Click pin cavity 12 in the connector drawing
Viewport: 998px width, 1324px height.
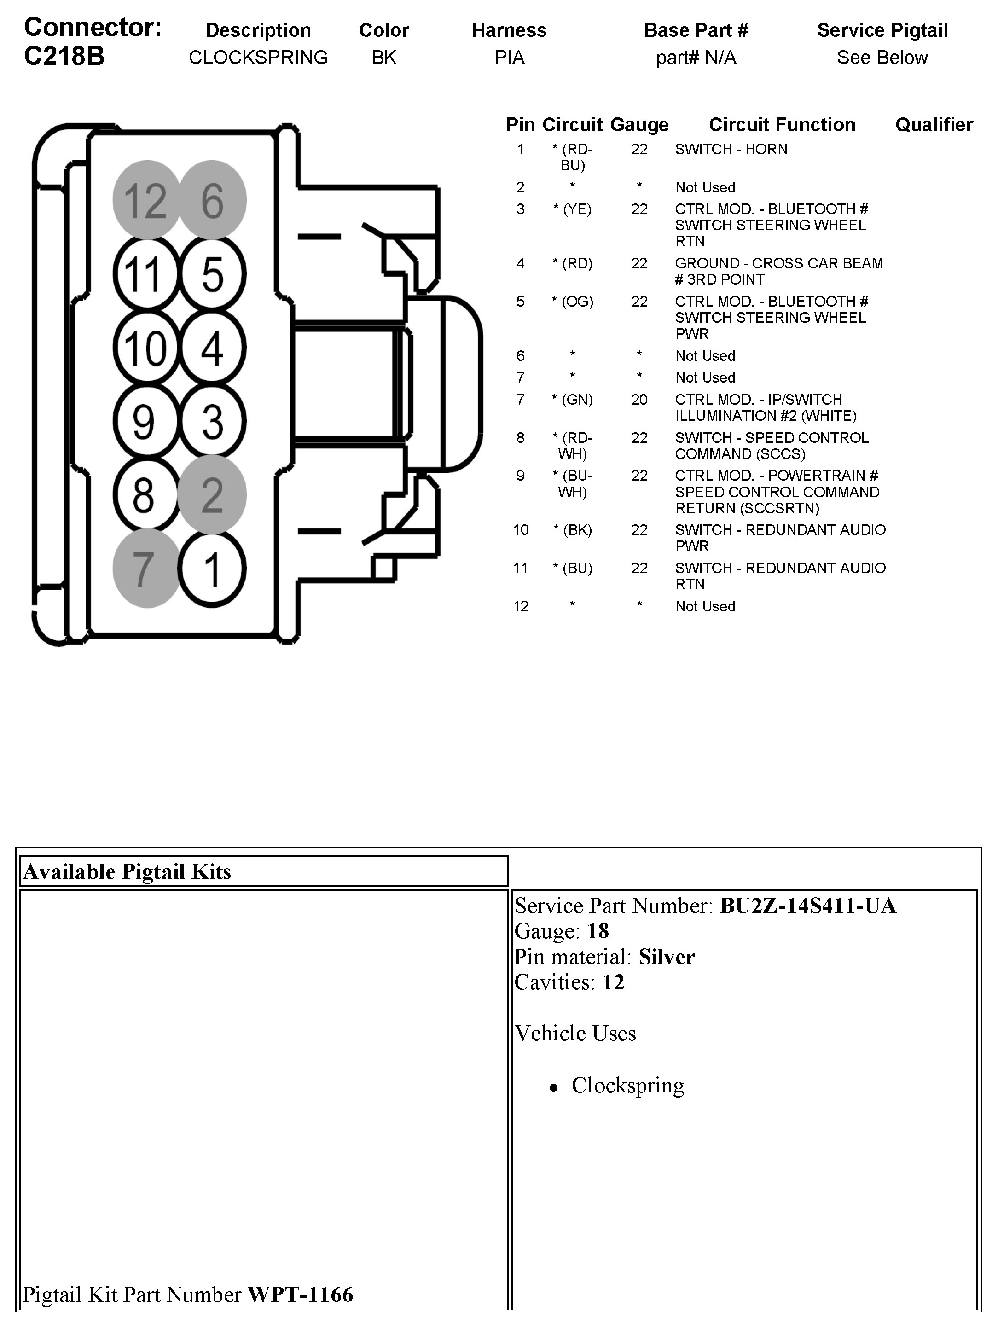[146, 200]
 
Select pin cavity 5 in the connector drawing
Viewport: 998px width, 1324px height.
[213, 274]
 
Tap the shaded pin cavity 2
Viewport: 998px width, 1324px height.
[213, 495]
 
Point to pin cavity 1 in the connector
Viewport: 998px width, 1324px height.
[213, 569]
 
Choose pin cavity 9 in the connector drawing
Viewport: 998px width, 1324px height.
[145, 421]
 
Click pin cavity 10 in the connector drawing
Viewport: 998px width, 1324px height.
[146, 348]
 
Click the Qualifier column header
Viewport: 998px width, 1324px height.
[934, 124]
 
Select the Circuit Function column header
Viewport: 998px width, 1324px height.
[782, 124]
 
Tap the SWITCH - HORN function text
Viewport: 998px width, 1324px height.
[731, 149]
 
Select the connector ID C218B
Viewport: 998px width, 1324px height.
[64, 56]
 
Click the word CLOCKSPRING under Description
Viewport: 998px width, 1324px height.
[258, 58]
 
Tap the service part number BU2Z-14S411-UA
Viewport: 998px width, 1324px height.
[807, 906]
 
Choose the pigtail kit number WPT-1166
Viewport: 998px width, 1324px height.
[300, 1294]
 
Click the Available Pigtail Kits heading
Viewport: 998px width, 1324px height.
[127, 871]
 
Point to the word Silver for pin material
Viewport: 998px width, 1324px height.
[667, 957]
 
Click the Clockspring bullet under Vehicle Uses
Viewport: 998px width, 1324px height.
[627, 1085]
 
